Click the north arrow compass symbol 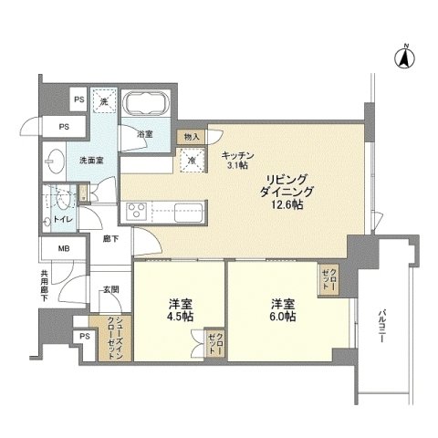pos(401,58)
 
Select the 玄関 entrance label pos(110,288)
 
